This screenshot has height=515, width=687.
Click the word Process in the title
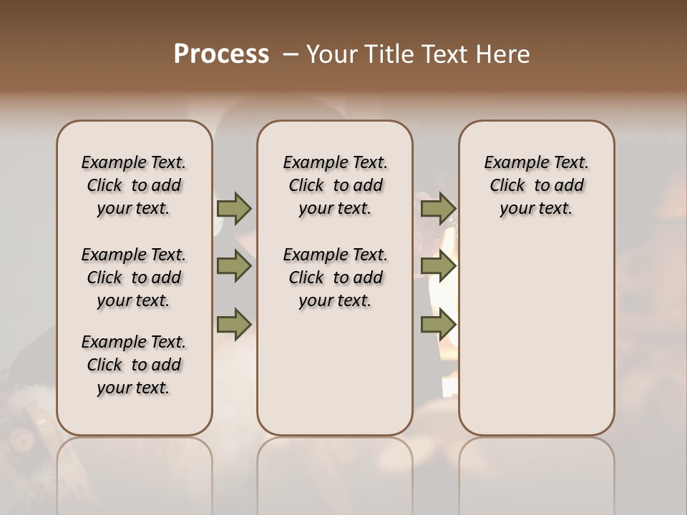pos(221,54)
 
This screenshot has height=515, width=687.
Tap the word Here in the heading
pos(501,54)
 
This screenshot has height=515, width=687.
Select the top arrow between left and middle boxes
pos(234,208)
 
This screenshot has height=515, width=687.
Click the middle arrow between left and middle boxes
pos(234,266)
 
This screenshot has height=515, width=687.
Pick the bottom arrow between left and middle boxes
pos(234,324)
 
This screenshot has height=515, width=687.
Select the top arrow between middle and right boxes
pos(438,208)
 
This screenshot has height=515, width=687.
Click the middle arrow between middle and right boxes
pos(438,266)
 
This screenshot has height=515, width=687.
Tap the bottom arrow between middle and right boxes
pos(438,324)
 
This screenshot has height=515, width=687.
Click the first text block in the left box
pos(134,185)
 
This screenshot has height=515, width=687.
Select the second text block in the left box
pos(134,278)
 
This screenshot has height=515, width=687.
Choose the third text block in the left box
pos(134,365)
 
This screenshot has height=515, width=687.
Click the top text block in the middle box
pos(335,185)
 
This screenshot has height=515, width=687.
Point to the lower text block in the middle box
pos(335,278)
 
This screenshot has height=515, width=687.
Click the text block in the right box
pos(536,185)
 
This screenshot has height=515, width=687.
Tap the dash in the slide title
pos(291,54)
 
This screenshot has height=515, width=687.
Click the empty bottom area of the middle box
pos(335,379)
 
